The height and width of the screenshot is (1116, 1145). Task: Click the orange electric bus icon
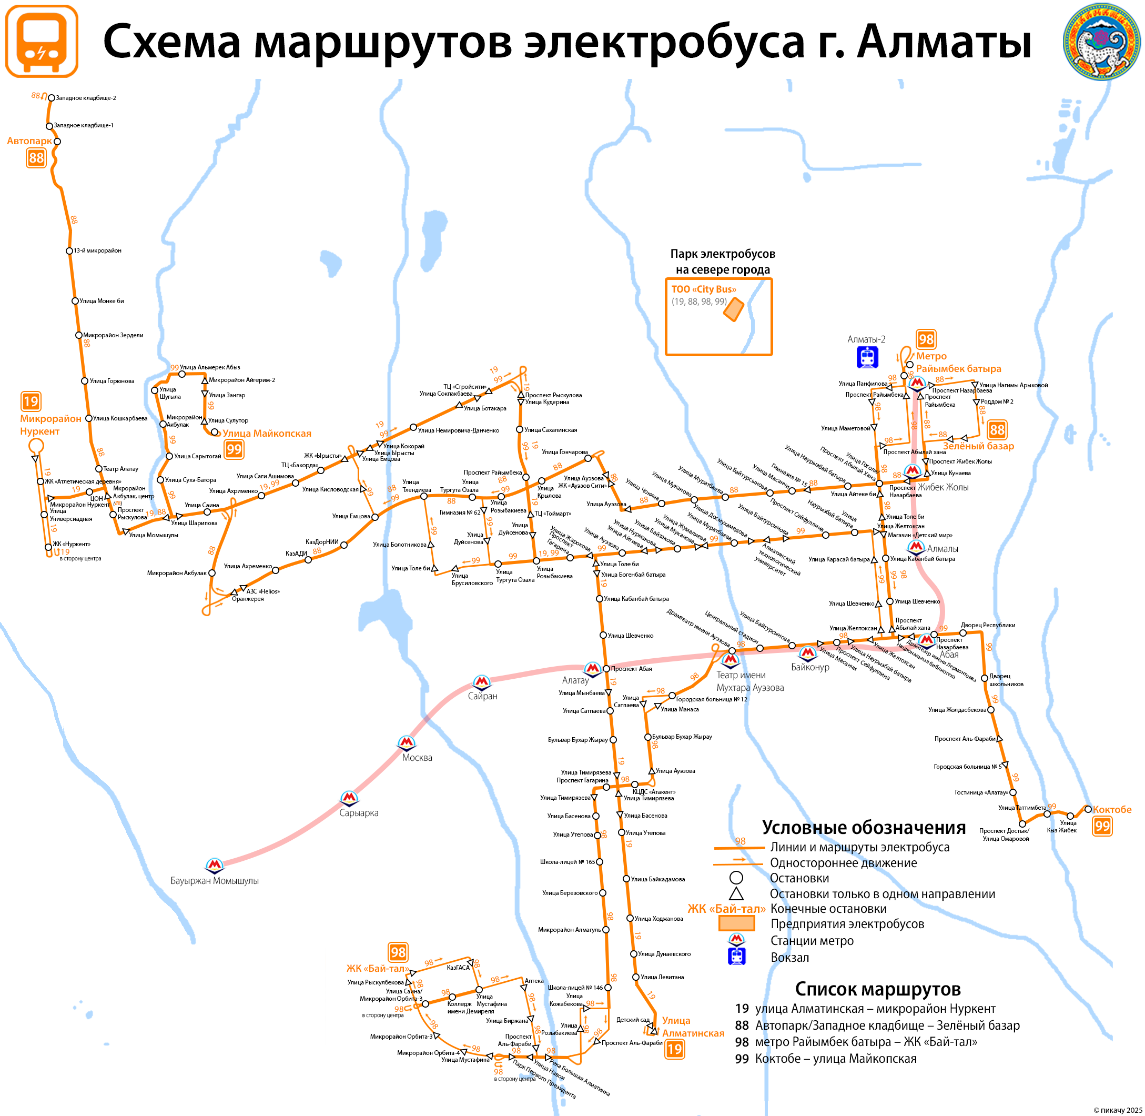[x=41, y=41]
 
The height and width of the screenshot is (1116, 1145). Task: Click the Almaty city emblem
[x=1102, y=41]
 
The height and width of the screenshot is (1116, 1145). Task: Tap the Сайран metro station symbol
[x=482, y=682]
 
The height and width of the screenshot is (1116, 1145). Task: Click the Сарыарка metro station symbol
[x=349, y=798]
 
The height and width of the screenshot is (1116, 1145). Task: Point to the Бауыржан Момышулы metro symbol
[x=215, y=864]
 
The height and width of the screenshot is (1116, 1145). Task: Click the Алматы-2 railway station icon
[x=867, y=357]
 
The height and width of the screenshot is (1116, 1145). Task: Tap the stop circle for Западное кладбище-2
[x=51, y=98]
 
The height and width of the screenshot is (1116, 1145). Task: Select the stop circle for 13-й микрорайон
[x=69, y=251]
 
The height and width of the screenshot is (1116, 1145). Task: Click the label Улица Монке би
[x=102, y=301]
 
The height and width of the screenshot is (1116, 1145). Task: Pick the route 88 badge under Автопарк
[x=36, y=158]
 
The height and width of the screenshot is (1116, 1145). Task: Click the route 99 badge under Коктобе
[x=1102, y=827]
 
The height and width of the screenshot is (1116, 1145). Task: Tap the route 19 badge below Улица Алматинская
[x=674, y=1049]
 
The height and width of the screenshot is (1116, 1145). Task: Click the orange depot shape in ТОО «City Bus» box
[x=734, y=309]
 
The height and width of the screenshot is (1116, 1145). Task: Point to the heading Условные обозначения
[x=864, y=828]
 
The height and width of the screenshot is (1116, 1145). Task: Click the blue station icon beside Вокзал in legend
[x=736, y=957]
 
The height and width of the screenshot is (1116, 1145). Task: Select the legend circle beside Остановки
[x=736, y=878]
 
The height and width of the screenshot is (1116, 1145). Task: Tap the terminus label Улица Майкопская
[x=267, y=434]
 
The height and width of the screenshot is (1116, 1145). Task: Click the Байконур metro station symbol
[x=808, y=652]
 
